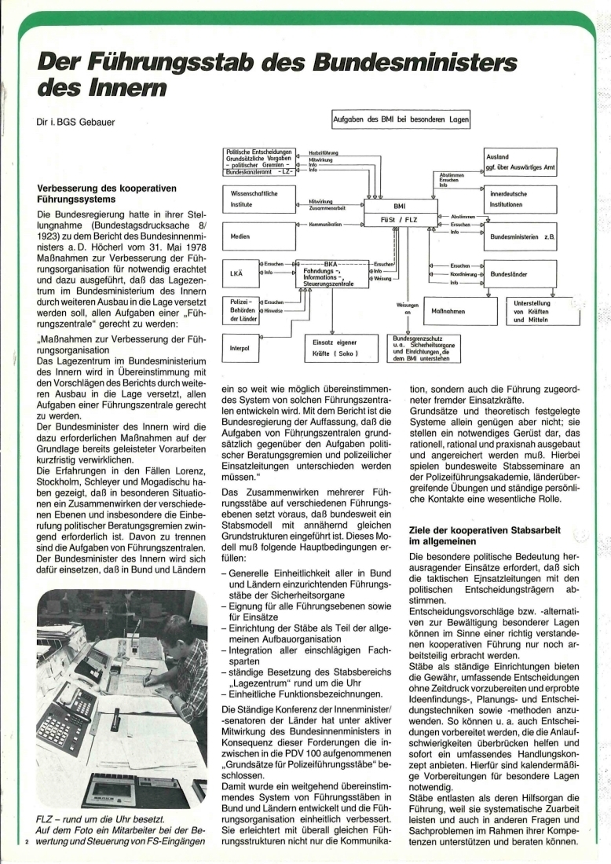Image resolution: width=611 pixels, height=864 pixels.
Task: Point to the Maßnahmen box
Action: pos(451,312)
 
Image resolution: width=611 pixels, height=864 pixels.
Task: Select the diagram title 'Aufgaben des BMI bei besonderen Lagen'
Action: pos(401,119)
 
